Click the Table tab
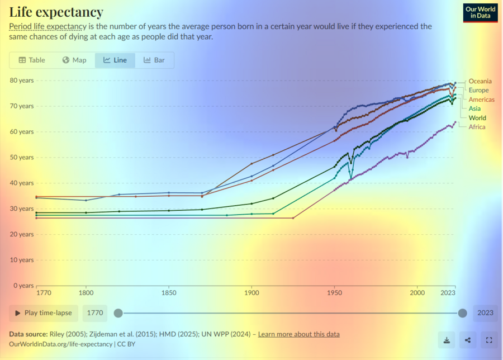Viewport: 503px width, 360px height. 32,60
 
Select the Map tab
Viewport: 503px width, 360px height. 74,60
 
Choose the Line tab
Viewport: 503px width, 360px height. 115,60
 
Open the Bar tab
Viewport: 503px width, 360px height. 154,60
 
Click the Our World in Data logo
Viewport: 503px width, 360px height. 480,13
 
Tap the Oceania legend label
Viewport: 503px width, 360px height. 480,81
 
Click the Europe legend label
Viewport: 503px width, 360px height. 478,90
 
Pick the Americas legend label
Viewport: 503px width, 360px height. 481,100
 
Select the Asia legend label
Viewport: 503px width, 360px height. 474,108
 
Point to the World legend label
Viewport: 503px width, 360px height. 477,118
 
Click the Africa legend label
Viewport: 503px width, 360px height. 477,127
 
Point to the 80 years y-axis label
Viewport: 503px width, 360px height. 22,80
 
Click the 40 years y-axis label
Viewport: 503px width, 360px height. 22,183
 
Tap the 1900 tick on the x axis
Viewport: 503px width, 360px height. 251,292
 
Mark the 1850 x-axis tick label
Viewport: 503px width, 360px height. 169,292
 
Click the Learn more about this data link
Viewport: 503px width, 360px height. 298,334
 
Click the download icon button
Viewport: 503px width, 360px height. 447,339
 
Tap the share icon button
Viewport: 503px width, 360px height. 468,339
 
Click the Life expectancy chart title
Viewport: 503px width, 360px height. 56,12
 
